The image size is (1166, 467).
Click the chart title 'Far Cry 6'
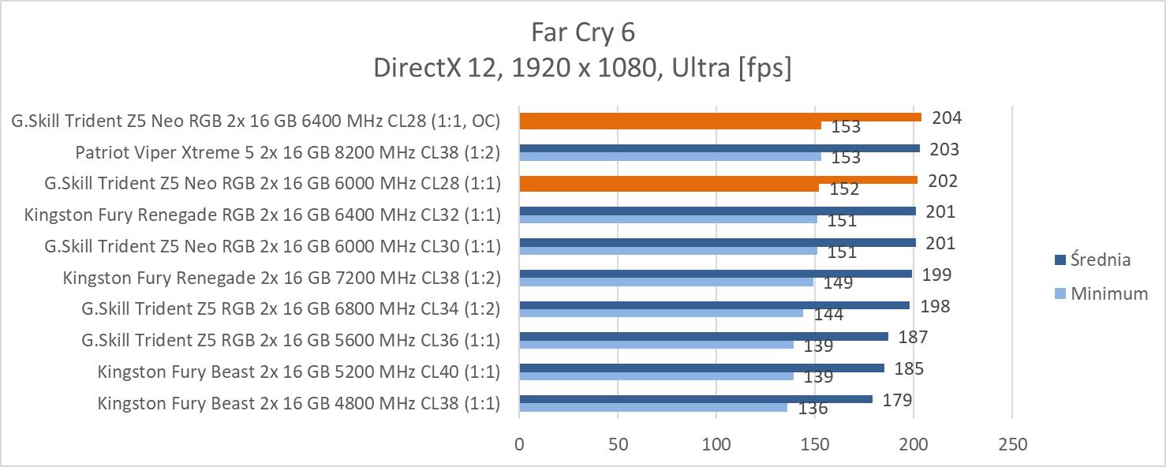coord(582,32)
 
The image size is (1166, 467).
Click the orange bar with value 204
coord(719,117)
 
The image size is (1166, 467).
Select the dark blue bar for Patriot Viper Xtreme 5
coord(719,148)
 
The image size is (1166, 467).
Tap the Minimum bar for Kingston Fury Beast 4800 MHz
coord(652,408)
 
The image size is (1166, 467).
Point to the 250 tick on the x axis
coord(1012,445)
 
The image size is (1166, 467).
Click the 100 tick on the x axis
coord(716,445)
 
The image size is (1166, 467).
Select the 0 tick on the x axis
coord(519,445)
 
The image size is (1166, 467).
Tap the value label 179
coord(897,400)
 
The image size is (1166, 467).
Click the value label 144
coord(829,315)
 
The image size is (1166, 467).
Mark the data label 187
coord(913,338)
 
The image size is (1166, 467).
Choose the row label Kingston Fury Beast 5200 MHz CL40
coord(299,372)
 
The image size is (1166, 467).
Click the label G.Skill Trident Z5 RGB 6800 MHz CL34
coord(291,308)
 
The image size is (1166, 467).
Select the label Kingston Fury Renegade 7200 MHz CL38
coord(282,277)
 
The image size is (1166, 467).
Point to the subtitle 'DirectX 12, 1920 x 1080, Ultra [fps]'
coord(582,69)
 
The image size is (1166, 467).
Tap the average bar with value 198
coord(714,305)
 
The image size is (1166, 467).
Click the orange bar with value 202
coord(718,180)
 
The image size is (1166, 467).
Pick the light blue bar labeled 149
coord(666,282)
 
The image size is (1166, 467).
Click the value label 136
coord(813,409)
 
